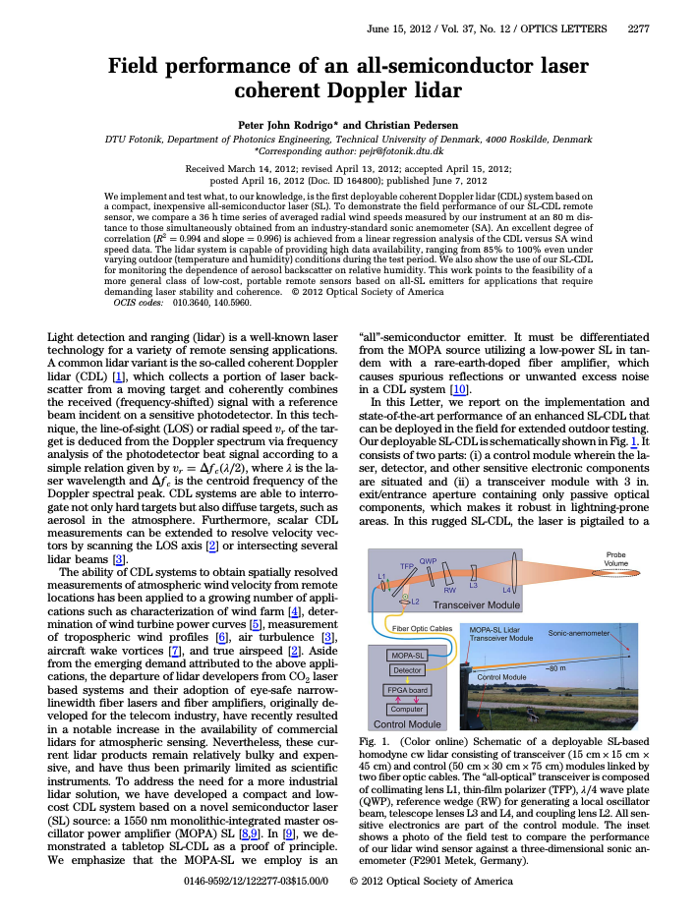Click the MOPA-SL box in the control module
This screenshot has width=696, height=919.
click(406, 654)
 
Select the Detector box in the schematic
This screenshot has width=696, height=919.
click(406, 670)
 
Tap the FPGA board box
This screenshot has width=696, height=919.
click(406, 690)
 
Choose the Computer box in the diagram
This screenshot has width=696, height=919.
click(406, 709)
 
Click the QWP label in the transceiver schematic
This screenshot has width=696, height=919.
click(428, 561)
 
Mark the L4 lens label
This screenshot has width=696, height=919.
click(507, 590)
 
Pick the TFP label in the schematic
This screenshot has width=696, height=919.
click(406, 566)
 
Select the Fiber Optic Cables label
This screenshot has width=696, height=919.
click(423, 627)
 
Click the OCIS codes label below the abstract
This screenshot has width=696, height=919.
click(138, 302)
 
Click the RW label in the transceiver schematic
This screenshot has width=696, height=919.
click(449, 590)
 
